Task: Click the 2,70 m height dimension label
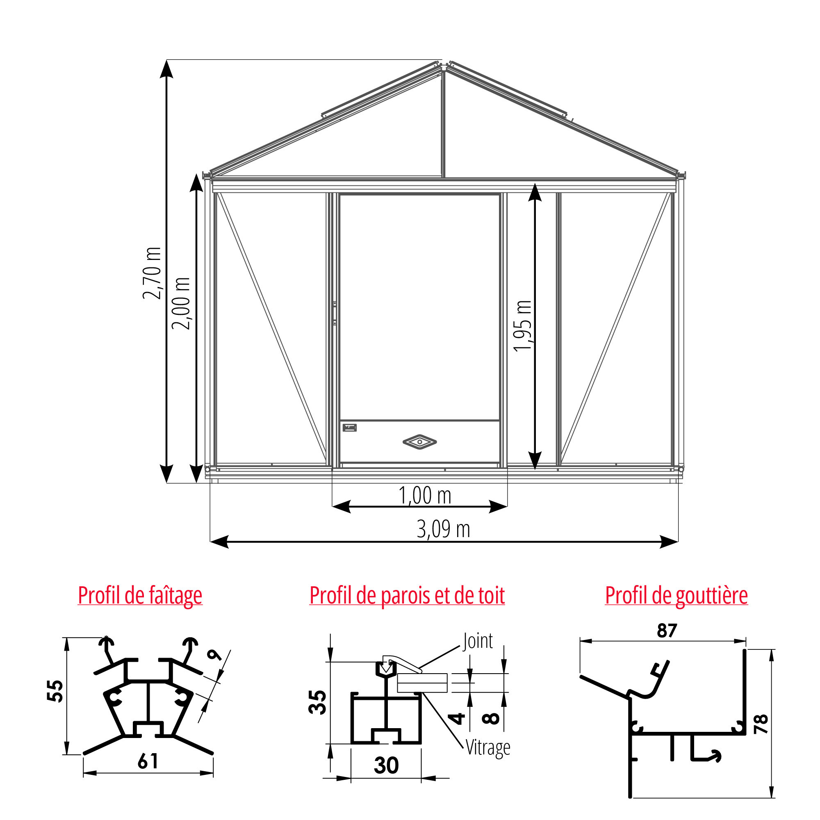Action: tap(152, 273)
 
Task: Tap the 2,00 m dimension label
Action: tap(181, 303)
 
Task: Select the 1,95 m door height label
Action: tap(522, 326)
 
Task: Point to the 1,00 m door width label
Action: tap(425, 495)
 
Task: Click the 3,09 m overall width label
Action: tap(444, 529)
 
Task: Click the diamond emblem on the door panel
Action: tap(420, 442)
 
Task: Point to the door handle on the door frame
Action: tap(335, 313)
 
